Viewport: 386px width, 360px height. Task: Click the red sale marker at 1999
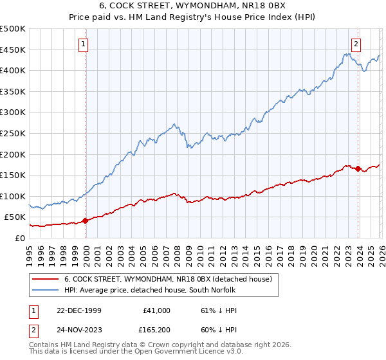pyautogui.click(x=86, y=221)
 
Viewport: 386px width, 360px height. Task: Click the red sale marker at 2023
pyautogui.click(x=358, y=168)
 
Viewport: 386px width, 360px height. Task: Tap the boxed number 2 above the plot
pyautogui.click(x=356, y=44)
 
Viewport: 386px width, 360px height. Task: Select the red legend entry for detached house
pyautogui.click(x=169, y=279)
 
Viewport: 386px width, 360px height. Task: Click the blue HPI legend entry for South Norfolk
pyautogui.click(x=150, y=291)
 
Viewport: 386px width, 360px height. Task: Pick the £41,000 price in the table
pyautogui.click(x=156, y=310)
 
